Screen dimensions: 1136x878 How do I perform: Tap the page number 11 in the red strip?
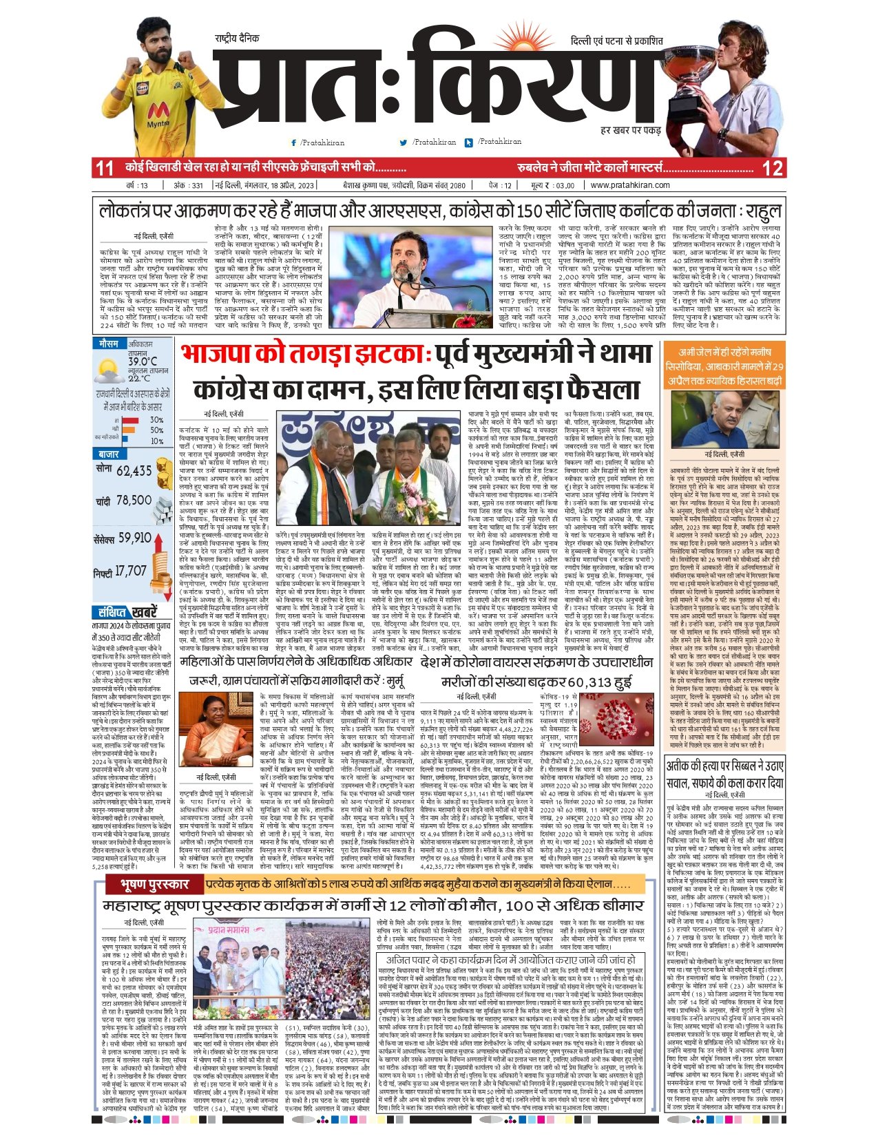pyautogui.click(x=105, y=168)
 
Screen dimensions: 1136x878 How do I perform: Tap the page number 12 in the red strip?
pyautogui.click(x=772, y=168)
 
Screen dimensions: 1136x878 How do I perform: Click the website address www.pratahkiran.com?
pyautogui.click(x=630, y=185)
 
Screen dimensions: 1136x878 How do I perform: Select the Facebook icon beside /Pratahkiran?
pyautogui.click(x=294, y=143)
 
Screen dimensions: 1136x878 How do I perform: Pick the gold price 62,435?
pyautogui.click(x=134, y=471)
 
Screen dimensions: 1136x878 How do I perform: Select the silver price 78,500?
pyautogui.click(x=134, y=501)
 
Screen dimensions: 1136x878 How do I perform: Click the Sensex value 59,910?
pyautogui.click(x=135, y=538)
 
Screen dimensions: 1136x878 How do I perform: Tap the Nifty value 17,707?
pyautogui.click(x=129, y=571)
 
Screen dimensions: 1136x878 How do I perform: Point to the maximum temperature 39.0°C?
pyautogui.click(x=143, y=361)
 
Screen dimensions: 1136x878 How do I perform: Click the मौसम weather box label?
pyautogui.click(x=109, y=344)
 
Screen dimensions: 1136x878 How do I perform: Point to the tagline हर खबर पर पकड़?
pyautogui.click(x=630, y=130)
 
